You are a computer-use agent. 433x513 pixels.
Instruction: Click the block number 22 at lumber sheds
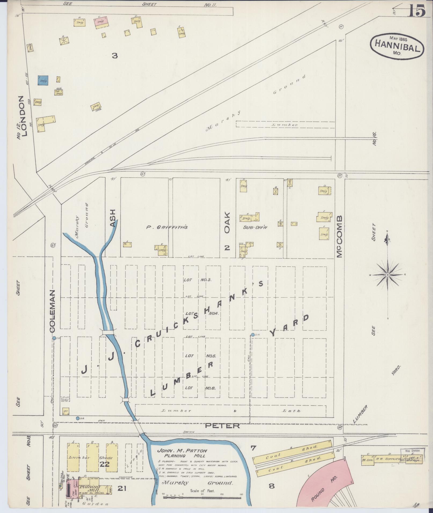[x=104, y=464]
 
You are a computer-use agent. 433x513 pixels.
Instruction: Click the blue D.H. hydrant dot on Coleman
[x=54, y=338]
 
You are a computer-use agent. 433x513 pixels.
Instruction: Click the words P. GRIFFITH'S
[x=166, y=227]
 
